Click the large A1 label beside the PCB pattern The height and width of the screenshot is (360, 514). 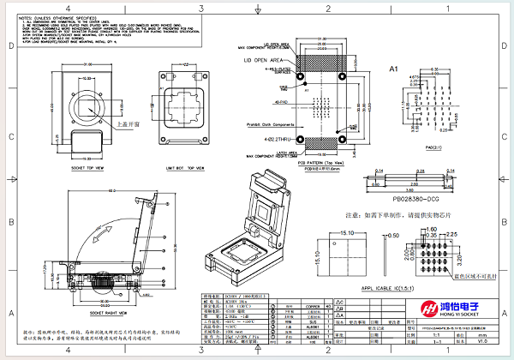(x=395, y=68)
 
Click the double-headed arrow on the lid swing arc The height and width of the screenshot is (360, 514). (x=105, y=234)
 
